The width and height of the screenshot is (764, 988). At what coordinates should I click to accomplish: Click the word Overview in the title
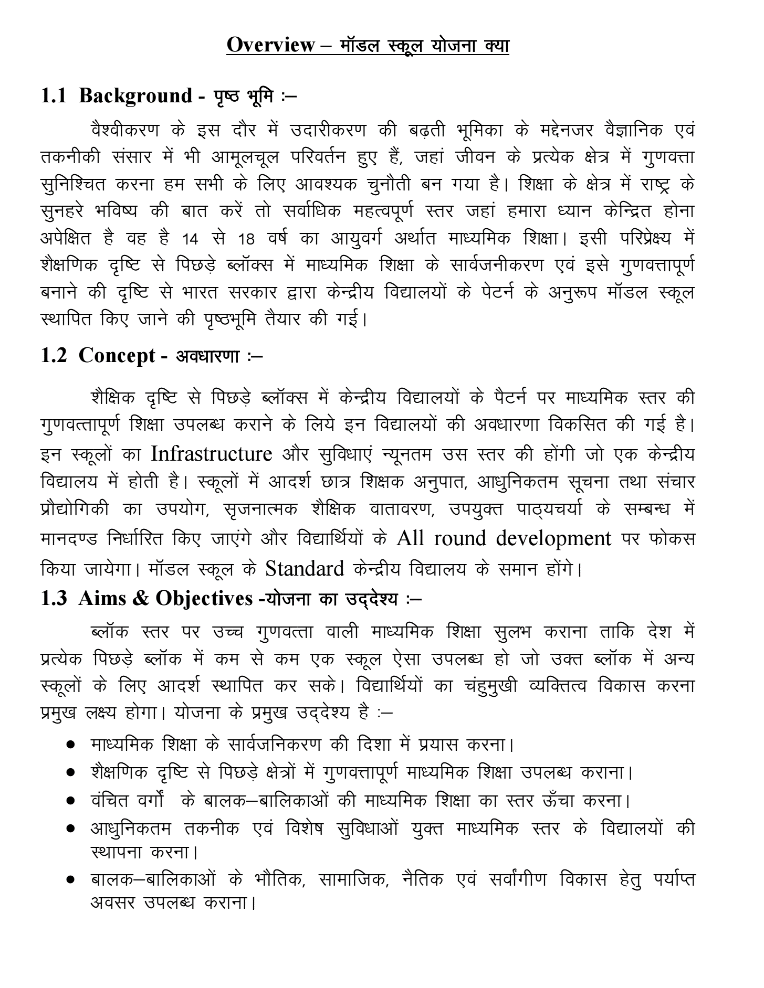[270, 45]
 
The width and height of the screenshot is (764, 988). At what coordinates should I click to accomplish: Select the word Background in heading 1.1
[135, 95]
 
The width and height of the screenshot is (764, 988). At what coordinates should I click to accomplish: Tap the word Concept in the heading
[117, 356]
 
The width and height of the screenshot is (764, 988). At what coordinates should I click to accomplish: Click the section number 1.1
[54, 95]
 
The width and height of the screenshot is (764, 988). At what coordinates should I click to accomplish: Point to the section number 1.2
[54, 356]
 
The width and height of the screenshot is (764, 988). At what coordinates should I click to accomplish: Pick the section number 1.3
[54, 598]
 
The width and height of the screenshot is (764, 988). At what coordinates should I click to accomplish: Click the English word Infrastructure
[212, 453]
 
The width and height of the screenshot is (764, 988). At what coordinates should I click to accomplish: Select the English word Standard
[305, 568]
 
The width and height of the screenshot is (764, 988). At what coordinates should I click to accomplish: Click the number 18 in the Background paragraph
[246, 240]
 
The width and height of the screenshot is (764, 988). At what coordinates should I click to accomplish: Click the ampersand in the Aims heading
[141, 598]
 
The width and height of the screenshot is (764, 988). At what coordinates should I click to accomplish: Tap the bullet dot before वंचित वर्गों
[70, 802]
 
